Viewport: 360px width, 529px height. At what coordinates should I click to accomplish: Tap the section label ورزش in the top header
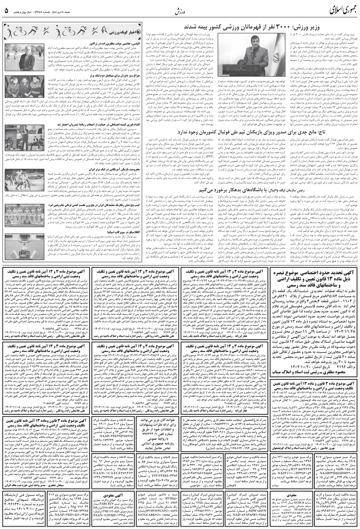[x=180, y=10]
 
